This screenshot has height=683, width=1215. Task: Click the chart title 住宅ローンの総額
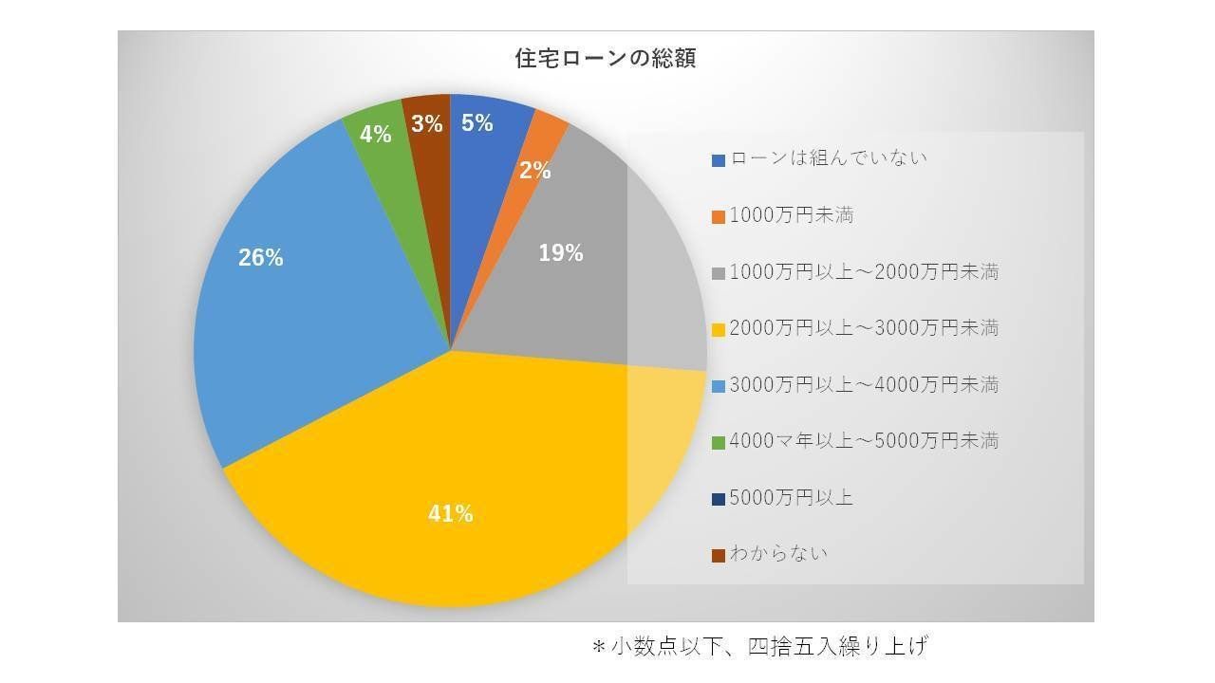click(605, 59)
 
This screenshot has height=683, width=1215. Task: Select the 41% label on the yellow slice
click(450, 514)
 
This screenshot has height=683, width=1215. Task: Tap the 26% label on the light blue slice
click(260, 257)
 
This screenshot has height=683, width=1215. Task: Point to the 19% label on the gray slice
click(560, 253)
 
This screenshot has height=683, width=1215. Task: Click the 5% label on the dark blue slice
click(477, 122)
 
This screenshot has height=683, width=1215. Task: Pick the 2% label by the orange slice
click(534, 171)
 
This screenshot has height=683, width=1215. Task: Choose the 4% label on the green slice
click(376, 135)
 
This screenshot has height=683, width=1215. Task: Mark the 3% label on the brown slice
click(427, 123)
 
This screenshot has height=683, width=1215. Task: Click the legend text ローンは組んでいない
click(828, 158)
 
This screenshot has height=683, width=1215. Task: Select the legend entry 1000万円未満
click(792, 215)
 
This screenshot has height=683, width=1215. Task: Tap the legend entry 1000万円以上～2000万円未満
click(864, 272)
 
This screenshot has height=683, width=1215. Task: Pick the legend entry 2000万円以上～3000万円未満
click(864, 328)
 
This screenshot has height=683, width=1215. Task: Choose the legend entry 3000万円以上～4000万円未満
click(864, 385)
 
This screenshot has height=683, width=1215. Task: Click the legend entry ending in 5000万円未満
click(864, 441)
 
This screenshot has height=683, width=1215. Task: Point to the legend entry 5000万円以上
click(792, 497)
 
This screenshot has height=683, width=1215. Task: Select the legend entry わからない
click(778, 554)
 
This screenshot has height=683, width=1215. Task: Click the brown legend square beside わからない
click(719, 555)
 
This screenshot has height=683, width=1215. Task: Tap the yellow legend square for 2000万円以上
click(719, 329)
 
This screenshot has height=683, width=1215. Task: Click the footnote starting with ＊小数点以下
click(759, 647)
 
